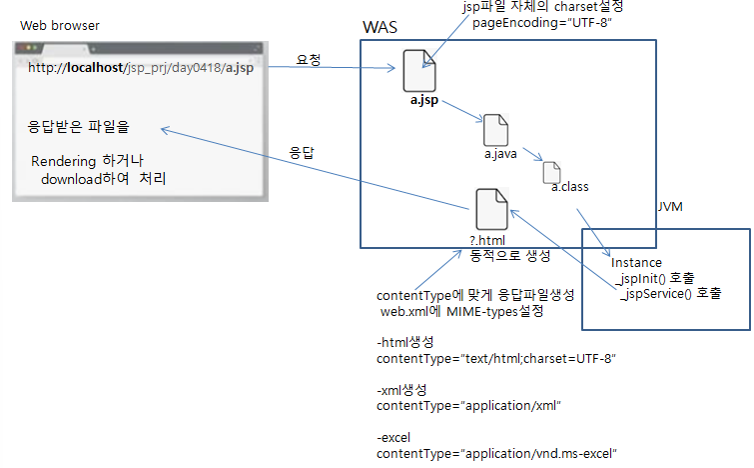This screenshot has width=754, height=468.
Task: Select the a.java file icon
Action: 496,131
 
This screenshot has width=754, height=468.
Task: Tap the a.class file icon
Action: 552,171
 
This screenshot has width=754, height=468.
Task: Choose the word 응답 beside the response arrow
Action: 302,153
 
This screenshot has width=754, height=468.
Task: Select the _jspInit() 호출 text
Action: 654,277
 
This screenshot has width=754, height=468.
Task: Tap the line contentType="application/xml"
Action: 469,406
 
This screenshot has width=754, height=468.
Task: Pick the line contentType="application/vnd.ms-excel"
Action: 496,454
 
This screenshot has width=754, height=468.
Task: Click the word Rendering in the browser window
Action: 64,161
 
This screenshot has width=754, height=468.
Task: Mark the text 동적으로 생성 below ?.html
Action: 509,255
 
